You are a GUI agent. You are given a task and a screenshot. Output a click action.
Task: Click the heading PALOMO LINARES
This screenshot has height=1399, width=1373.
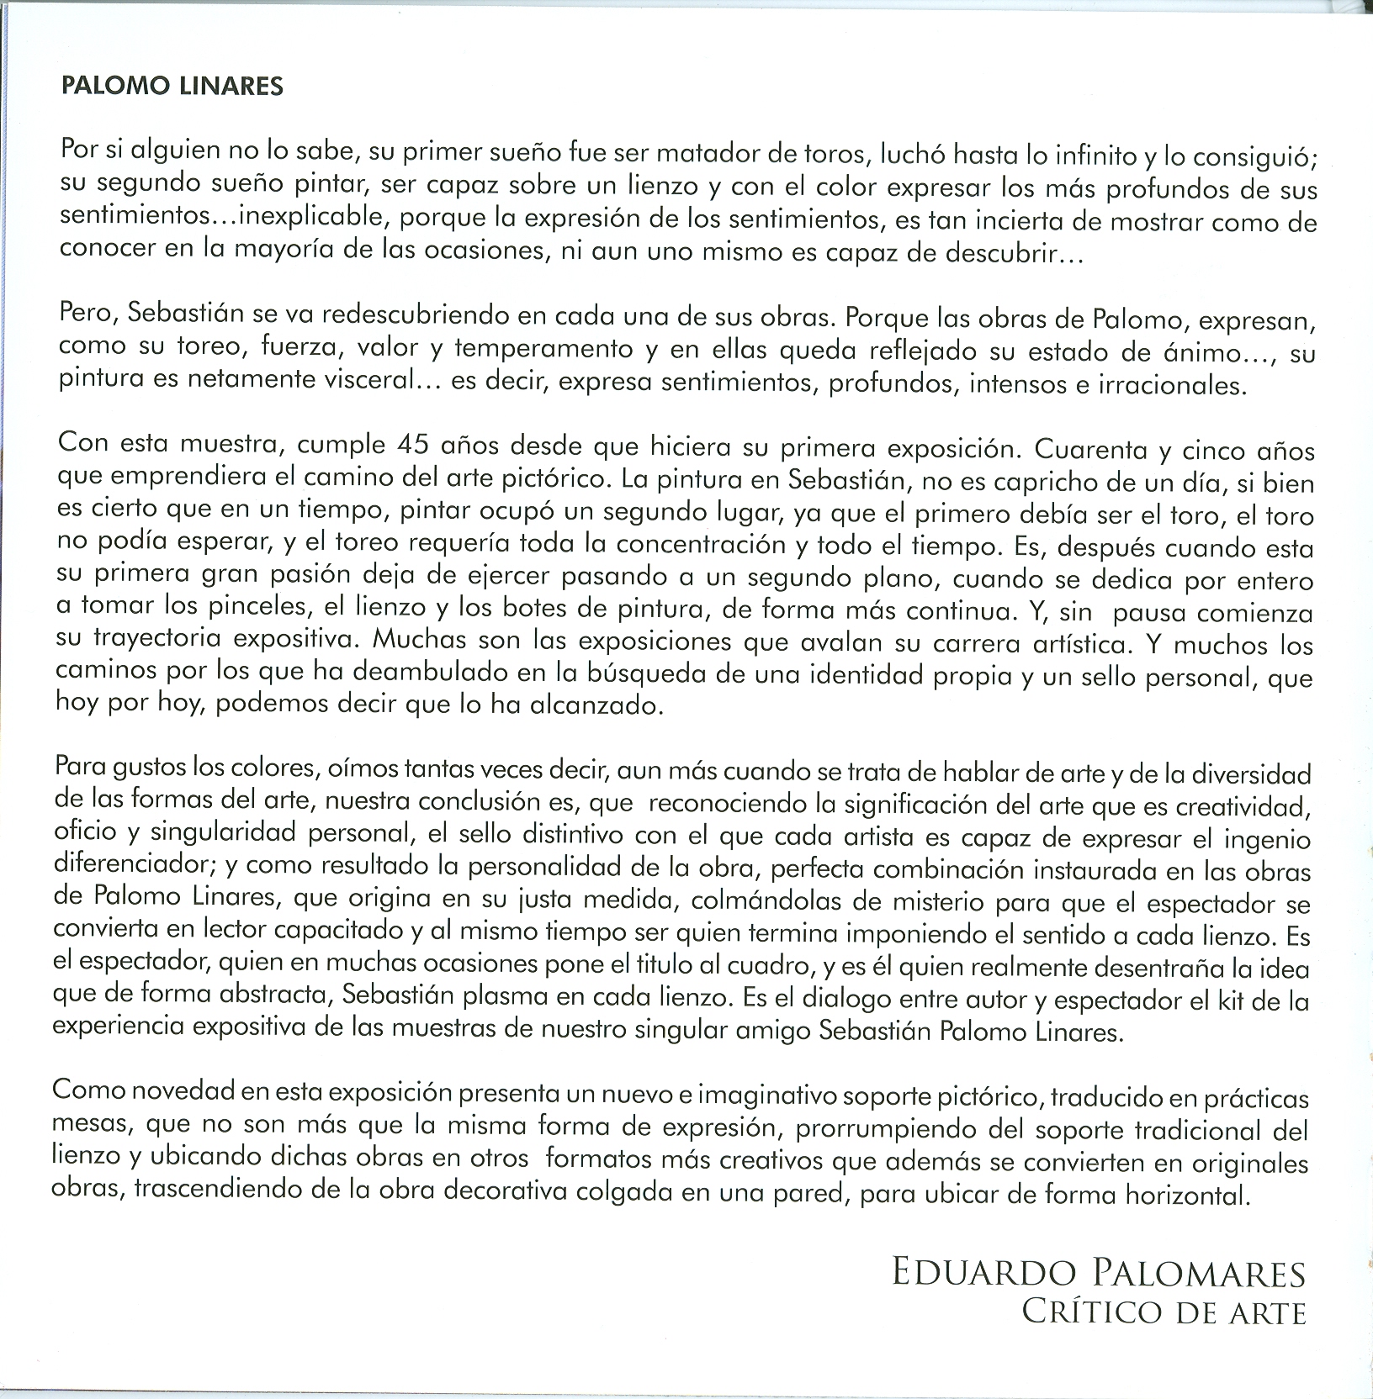point(172,87)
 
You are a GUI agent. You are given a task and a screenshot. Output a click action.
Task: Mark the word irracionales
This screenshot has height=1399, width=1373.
point(1178,386)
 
